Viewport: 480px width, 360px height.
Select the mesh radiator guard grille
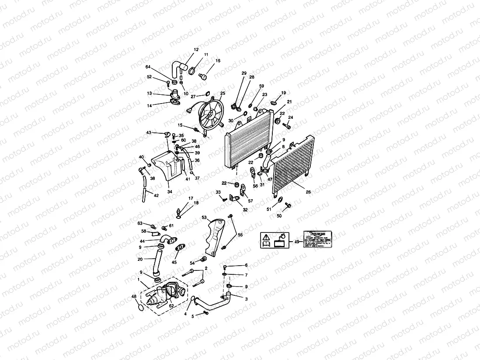coord(293,165)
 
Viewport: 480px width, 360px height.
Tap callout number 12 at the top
coord(196,50)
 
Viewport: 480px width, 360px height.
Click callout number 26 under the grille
coord(309,192)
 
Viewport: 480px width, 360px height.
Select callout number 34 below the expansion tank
coord(170,191)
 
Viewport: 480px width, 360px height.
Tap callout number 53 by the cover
coord(204,217)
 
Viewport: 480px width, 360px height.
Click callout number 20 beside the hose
coord(140,260)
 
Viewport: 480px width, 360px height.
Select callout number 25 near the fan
coord(223,93)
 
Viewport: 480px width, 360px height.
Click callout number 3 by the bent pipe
coord(246,299)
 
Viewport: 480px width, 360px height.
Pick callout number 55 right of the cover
coord(240,235)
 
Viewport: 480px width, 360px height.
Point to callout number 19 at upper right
coord(283,93)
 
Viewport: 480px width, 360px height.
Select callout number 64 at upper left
coord(148,67)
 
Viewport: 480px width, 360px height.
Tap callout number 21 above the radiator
coord(289,102)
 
